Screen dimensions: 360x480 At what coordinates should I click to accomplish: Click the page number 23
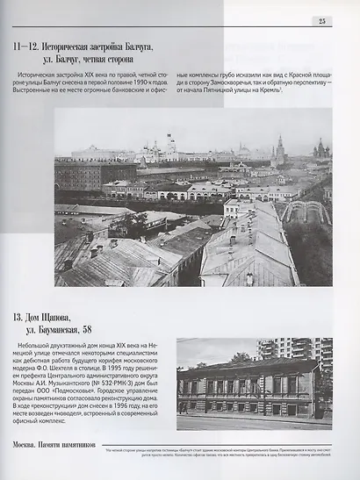[x=321, y=21]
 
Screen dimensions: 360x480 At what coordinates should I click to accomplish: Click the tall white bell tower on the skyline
[x=169, y=142]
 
